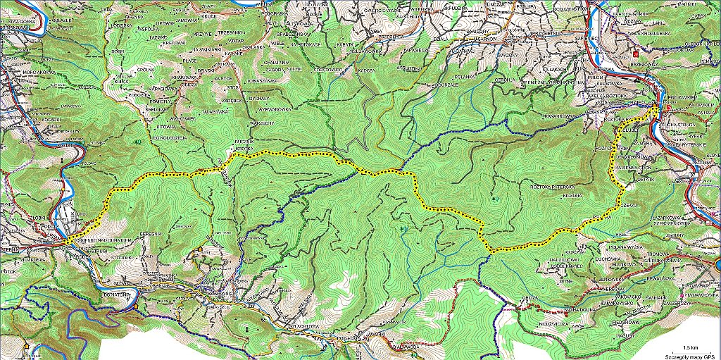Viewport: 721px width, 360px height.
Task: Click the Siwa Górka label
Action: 20,22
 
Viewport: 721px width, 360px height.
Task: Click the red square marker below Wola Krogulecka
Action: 636,52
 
